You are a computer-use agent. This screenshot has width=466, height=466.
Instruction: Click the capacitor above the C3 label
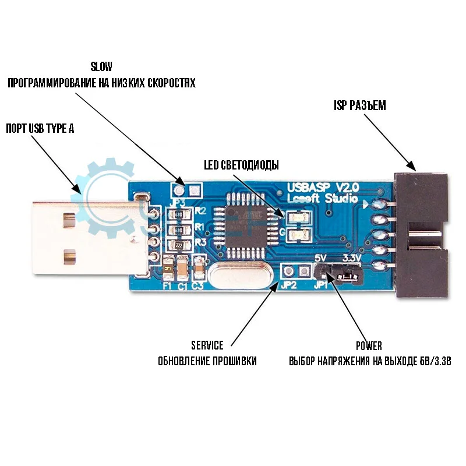point(199,269)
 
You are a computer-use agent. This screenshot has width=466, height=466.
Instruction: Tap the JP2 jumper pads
point(296,271)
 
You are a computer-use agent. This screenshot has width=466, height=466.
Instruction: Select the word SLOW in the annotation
point(101,66)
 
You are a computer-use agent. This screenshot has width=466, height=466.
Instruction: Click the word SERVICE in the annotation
point(207,346)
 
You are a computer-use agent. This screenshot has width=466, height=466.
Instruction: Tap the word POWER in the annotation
point(369,346)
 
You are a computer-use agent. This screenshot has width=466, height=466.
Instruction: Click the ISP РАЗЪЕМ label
point(359,106)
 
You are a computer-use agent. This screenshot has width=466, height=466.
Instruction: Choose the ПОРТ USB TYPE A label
point(40,128)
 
